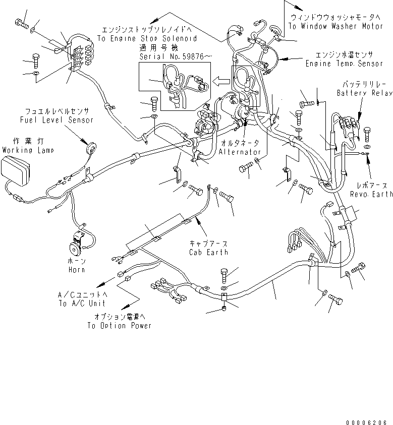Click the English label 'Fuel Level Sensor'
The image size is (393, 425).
[57, 120]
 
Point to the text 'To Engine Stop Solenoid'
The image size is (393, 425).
[146, 38]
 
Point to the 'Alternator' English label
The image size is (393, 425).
[240, 152]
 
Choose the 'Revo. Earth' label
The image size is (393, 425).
[371, 194]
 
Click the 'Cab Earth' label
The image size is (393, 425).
[209, 252]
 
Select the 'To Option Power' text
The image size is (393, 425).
[119, 326]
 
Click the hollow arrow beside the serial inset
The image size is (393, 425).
[219, 80]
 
